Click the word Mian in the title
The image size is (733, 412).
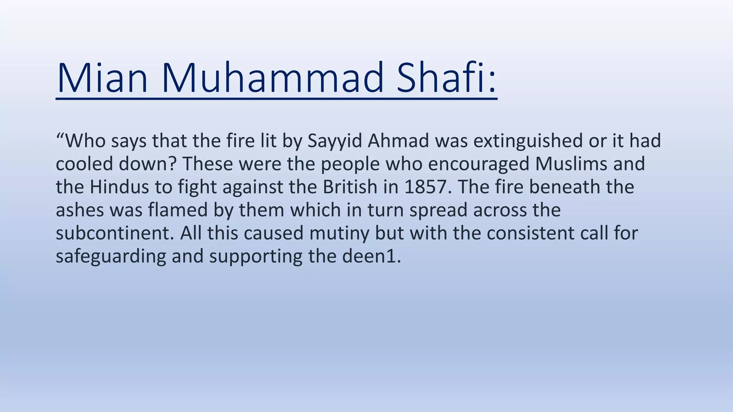pos(102,78)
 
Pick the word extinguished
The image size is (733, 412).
pos(528,141)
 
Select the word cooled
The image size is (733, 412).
pos(84,164)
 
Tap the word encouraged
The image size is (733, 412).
pos(478,164)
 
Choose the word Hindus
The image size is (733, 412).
pos(119,187)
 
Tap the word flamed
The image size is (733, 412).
pos(178,210)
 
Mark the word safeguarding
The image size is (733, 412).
pos(111,256)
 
